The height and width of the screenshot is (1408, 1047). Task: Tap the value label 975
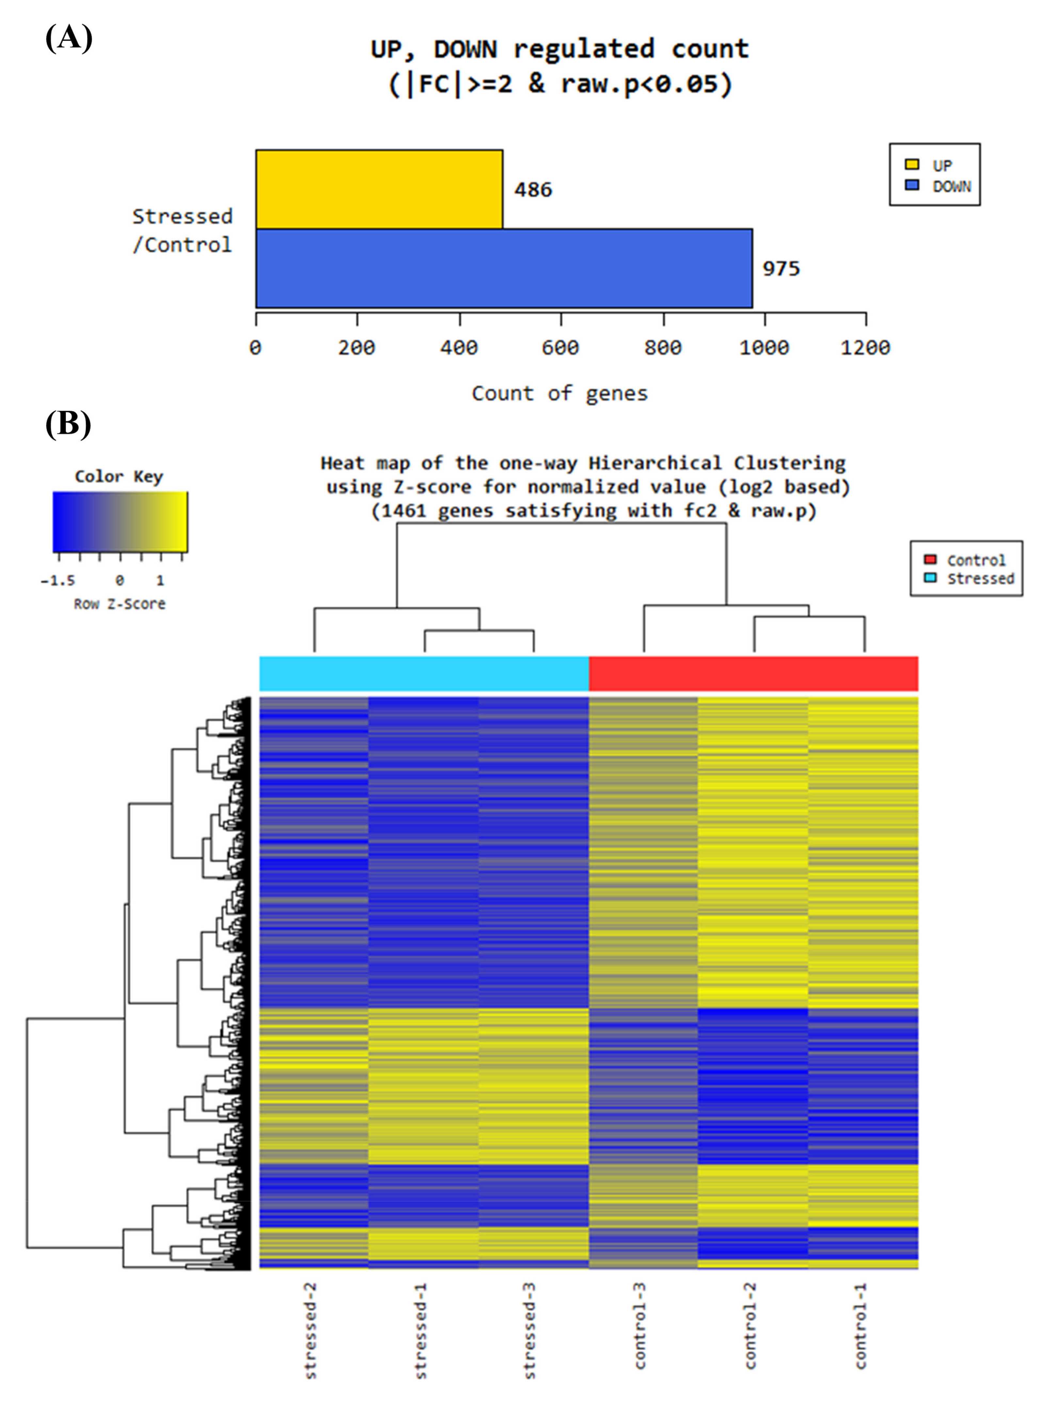click(x=781, y=269)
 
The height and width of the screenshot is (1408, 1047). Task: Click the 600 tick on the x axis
click(x=560, y=347)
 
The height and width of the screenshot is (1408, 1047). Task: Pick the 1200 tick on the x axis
click(x=865, y=347)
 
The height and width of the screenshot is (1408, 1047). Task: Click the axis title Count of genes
click(x=560, y=393)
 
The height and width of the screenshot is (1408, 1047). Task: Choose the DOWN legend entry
click(x=951, y=186)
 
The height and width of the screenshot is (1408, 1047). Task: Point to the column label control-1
click(x=861, y=1326)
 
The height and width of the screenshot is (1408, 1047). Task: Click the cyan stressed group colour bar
click(x=424, y=674)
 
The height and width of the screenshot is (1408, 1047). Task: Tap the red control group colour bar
click(x=753, y=674)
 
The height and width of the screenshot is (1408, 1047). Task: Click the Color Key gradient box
click(x=120, y=521)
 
